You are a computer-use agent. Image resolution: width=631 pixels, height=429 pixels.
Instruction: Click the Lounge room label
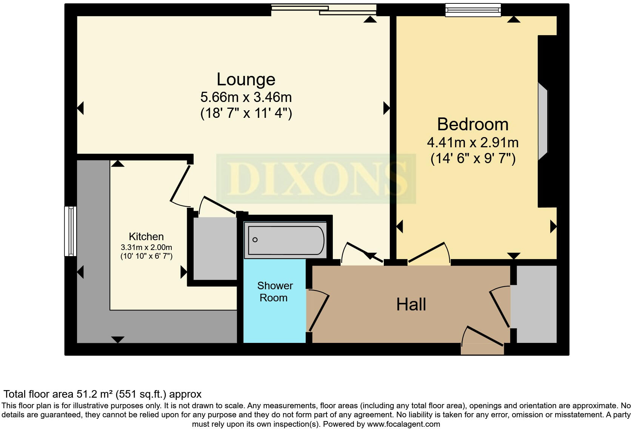[246, 80]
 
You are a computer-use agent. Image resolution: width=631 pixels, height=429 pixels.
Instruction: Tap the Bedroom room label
[472, 125]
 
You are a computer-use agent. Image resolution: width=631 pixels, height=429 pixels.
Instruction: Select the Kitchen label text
[146, 237]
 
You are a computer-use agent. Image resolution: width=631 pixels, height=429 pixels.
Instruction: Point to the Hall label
[411, 304]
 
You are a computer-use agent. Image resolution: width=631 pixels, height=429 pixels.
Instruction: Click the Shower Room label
[274, 292]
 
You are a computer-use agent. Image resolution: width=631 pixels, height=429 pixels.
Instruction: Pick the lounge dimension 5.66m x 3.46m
[246, 97]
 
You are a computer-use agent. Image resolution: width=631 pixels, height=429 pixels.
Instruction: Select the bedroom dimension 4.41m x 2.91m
[472, 143]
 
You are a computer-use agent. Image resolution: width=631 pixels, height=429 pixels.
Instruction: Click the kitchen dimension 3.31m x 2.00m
[146, 248]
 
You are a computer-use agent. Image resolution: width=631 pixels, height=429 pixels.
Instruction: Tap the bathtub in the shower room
[285, 240]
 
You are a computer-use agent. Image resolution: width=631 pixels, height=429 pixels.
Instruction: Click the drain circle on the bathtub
[255, 240]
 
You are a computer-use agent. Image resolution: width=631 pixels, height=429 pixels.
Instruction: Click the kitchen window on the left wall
[70, 231]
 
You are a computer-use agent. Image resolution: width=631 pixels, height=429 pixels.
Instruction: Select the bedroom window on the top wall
[473, 10]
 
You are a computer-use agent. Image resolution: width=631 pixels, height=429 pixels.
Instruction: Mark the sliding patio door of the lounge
[324, 9]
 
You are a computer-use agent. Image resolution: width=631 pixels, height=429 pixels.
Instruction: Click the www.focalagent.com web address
[403, 424]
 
